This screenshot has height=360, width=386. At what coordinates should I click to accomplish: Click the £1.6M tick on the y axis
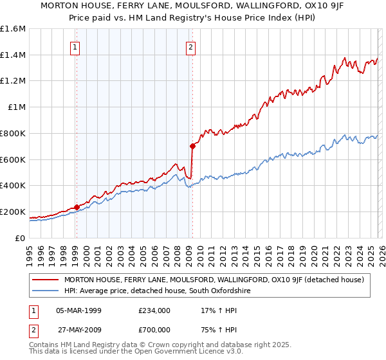13,29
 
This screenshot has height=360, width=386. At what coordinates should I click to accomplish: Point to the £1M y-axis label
15,107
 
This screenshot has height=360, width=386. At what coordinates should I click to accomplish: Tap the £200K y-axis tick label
12,212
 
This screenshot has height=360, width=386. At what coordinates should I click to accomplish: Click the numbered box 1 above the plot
76,46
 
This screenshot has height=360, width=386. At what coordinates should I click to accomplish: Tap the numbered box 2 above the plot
192,46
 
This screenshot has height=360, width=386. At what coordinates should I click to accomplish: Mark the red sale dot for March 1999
77,207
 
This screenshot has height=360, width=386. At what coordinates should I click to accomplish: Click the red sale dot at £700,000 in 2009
192,146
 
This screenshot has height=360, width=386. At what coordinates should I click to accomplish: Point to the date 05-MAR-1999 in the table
82,310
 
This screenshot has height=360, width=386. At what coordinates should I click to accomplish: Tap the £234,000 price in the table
154,310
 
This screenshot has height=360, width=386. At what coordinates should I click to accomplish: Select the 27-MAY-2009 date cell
82,332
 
